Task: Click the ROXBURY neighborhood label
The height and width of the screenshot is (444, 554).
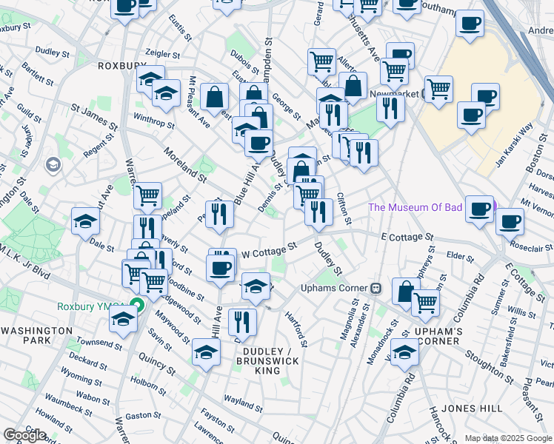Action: (x=123, y=65)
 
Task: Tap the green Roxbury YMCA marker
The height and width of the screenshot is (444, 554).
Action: (x=136, y=303)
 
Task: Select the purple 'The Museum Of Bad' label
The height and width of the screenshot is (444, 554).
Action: (x=414, y=206)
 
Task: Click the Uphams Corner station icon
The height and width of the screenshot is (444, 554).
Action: (x=376, y=287)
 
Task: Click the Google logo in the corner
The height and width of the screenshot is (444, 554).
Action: (x=24, y=435)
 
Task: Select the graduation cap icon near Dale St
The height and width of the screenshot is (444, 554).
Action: (x=85, y=220)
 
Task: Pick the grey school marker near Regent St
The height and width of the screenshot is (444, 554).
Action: (x=53, y=164)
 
